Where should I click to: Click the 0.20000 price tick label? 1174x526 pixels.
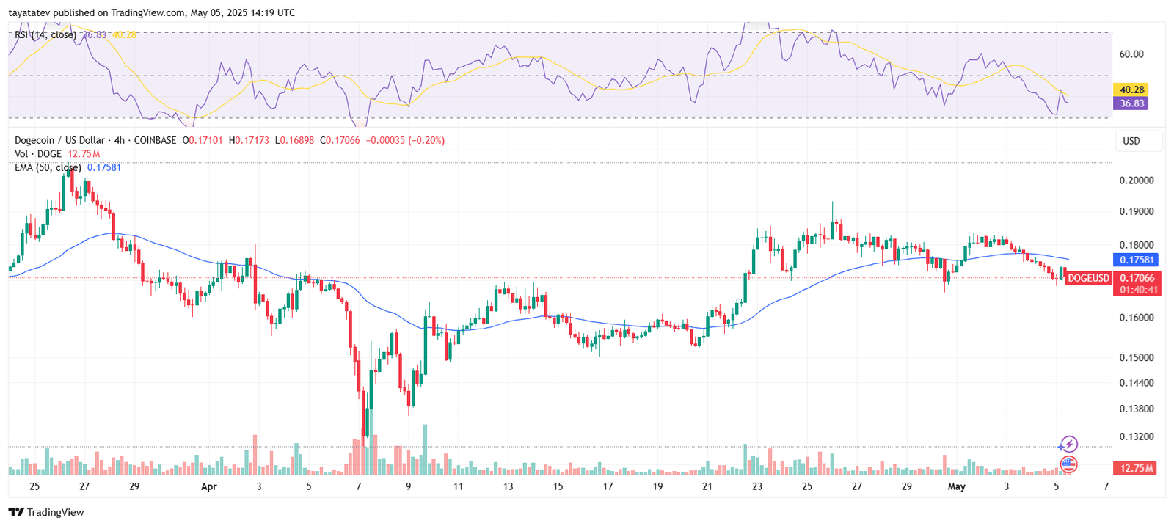click(x=1136, y=180)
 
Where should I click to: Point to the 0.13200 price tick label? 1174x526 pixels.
click(x=1136, y=436)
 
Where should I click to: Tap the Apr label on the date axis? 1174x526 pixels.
click(x=209, y=486)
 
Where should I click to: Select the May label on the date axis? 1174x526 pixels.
click(x=956, y=486)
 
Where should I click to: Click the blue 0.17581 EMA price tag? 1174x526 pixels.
click(x=1137, y=260)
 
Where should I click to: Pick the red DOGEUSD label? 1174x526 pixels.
click(x=1088, y=278)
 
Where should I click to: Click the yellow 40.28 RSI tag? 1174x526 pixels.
click(x=1131, y=90)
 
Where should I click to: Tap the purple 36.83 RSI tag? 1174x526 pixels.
click(x=1131, y=103)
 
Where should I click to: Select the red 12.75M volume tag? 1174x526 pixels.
click(x=1135, y=468)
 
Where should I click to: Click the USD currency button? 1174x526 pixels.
click(x=1131, y=141)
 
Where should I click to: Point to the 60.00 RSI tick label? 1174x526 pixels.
click(x=1131, y=54)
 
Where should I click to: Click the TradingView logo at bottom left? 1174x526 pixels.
click(x=46, y=512)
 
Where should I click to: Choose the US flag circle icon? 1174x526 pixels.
click(x=1068, y=464)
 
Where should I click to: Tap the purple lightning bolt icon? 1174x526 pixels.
click(x=1068, y=445)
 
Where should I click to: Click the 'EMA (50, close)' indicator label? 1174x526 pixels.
click(x=48, y=167)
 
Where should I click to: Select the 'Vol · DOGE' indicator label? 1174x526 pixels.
click(x=38, y=154)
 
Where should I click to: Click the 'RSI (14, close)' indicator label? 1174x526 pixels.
click(x=45, y=34)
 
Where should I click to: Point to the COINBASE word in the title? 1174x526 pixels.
click(x=155, y=140)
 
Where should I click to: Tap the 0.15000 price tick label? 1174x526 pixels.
click(x=1136, y=358)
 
